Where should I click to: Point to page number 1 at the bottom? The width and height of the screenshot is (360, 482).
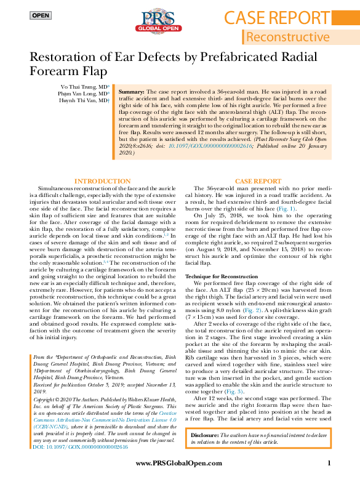point(329,462)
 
